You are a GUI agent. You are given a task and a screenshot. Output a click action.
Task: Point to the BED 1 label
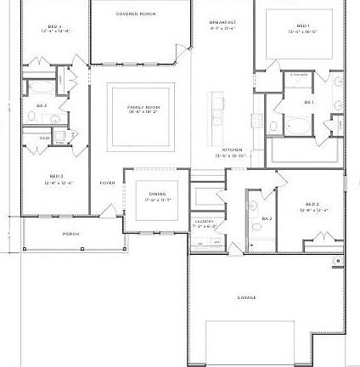click(303, 26)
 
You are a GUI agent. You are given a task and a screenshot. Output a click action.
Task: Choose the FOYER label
click(107, 183)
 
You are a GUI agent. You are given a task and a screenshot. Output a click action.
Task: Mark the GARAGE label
click(247, 297)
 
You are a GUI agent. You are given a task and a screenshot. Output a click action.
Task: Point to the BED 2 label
click(312, 205)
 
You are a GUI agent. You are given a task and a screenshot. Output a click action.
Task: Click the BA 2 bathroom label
click(267, 218)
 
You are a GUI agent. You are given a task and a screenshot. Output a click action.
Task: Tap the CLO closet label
click(44, 137)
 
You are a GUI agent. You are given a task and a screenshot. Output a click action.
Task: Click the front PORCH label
click(70, 234)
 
